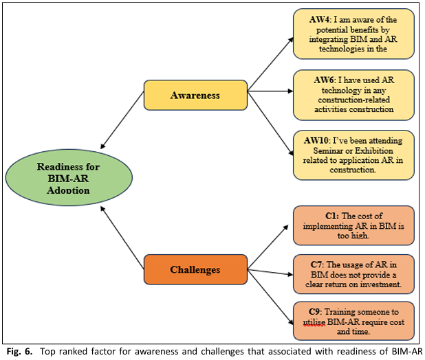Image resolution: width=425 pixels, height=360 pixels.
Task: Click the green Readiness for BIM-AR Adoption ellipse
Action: (69, 177)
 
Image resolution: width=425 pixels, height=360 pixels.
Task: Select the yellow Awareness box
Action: (195, 95)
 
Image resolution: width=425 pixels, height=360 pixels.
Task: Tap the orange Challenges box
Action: (195, 269)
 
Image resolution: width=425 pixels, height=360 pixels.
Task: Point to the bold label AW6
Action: (325, 80)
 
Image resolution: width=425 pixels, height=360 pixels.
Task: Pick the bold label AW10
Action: (316, 141)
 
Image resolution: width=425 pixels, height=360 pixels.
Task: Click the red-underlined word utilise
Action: (314, 322)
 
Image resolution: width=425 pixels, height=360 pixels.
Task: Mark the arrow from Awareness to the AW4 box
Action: (270, 64)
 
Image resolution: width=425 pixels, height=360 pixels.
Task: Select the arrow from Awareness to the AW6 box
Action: (270, 91)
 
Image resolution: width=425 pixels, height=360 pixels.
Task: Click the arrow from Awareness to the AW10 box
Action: (270, 124)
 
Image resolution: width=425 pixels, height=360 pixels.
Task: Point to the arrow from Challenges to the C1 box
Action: (268, 247)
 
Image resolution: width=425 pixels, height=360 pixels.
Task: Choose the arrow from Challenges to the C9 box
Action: (270, 297)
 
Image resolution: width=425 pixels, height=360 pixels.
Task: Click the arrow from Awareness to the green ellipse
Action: (122, 120)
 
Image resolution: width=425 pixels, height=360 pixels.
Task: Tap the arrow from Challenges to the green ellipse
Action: (122, 238)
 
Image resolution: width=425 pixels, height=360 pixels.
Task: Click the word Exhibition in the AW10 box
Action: (374, 150)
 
